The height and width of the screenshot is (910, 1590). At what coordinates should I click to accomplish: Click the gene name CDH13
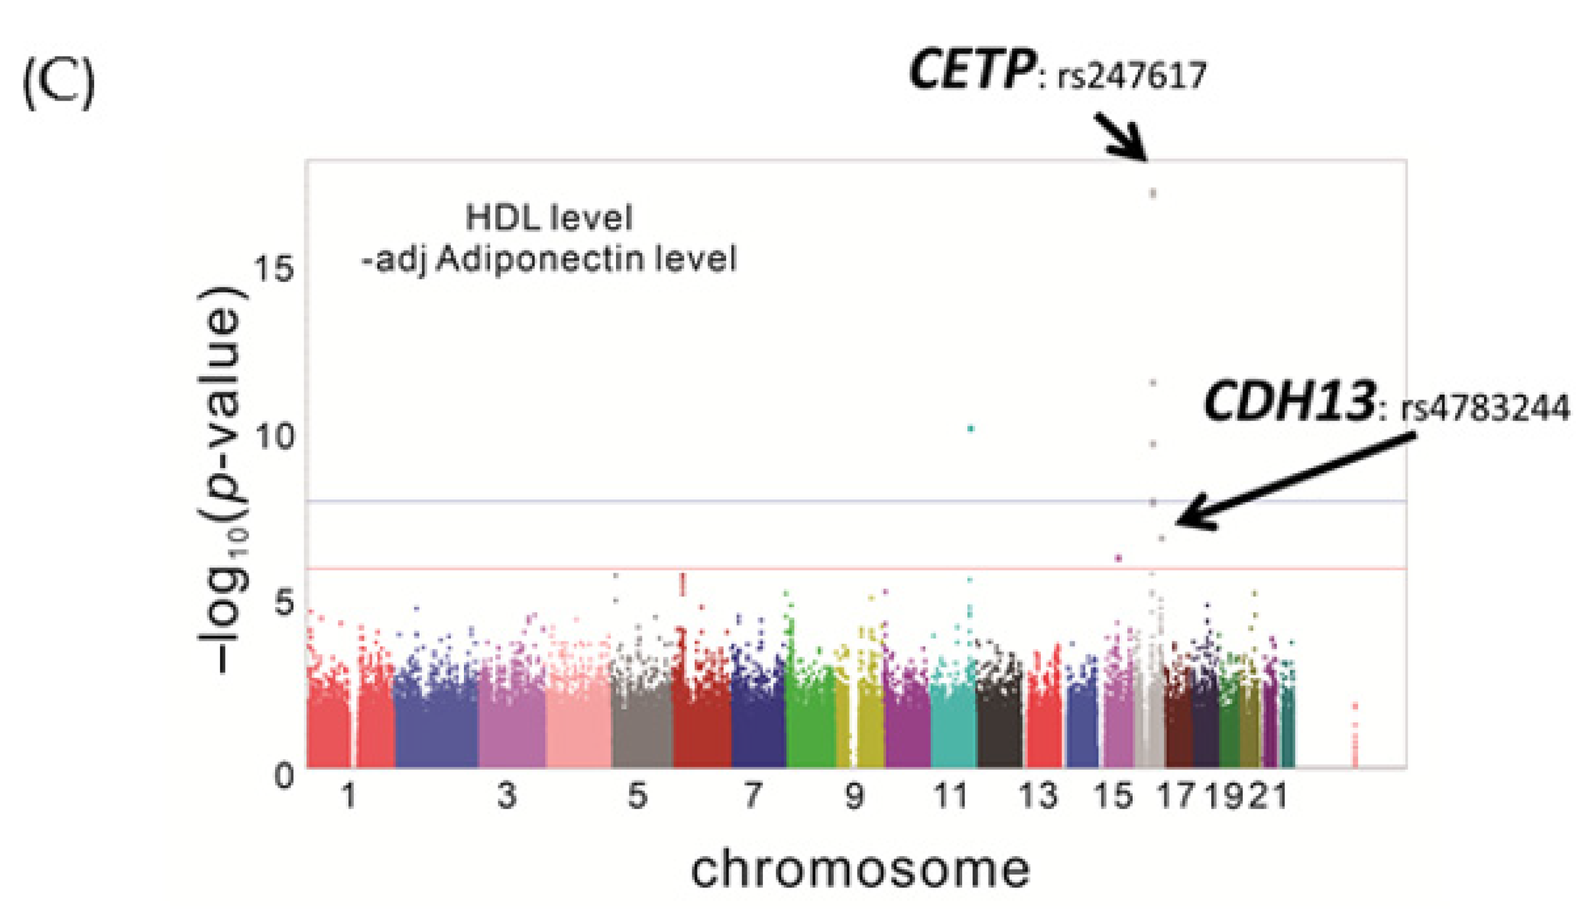tap(1288, 402)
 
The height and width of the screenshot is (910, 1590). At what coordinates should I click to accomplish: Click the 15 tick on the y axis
tap(273, 270)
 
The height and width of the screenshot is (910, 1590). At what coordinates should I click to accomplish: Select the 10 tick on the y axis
tap(273, 437)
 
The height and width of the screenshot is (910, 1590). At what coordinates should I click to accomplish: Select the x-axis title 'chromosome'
tap(860, 870)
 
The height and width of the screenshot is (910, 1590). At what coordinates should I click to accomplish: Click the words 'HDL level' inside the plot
tap(549, 218)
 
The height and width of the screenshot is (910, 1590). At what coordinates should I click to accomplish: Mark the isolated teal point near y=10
tap(970, 429)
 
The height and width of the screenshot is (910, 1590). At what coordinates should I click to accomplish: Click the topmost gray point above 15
tap(1153, 193)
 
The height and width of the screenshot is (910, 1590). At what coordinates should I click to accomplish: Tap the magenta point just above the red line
tap(1119, 558)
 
